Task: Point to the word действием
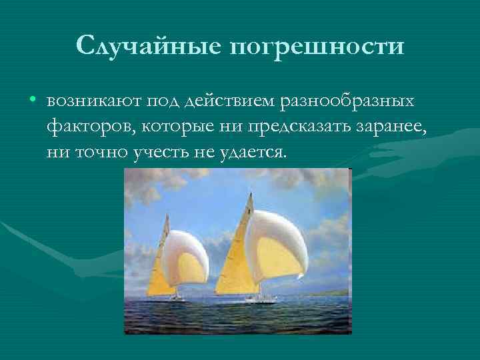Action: coord(230,101)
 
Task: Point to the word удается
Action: coord(254,152)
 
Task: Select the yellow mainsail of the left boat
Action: coord(158,273)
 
